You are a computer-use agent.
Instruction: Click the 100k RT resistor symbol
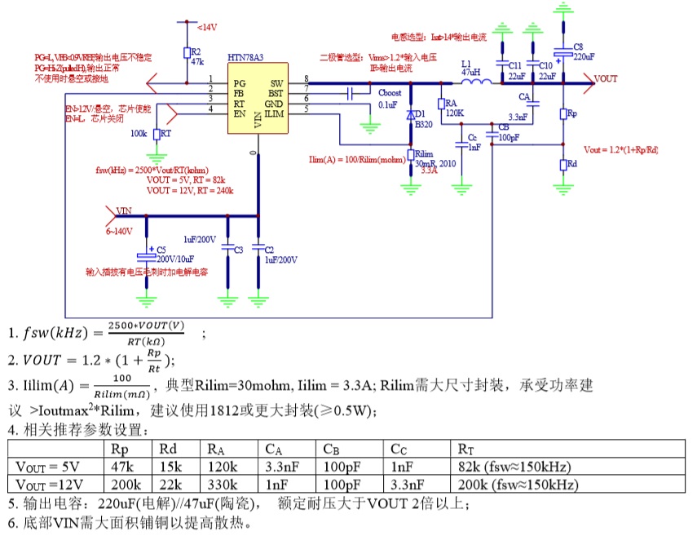(157, 133)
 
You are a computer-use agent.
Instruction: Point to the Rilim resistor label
(424, 153)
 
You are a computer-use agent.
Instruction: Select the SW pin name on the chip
(277, 83)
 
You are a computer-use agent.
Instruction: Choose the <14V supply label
(206, 27)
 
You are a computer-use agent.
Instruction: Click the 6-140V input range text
(120, 232)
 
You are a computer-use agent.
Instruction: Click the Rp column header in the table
(118, 448)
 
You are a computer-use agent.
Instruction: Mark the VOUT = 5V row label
(47, 466)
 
